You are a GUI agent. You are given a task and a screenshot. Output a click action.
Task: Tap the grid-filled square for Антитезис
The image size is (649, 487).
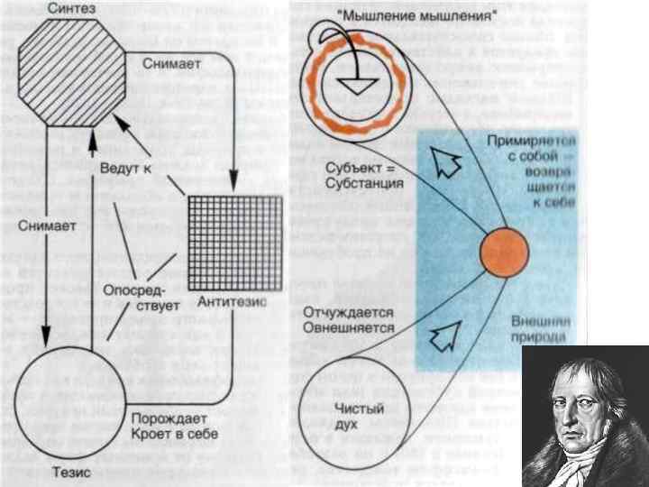[x=235, y=242]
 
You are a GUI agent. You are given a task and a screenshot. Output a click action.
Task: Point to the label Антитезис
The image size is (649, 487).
[x=235, y=302]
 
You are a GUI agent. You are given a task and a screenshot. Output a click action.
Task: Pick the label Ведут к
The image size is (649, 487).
[x=124, y=168]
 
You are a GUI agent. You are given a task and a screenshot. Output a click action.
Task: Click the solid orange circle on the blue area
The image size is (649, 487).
[x=503, y=253]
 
